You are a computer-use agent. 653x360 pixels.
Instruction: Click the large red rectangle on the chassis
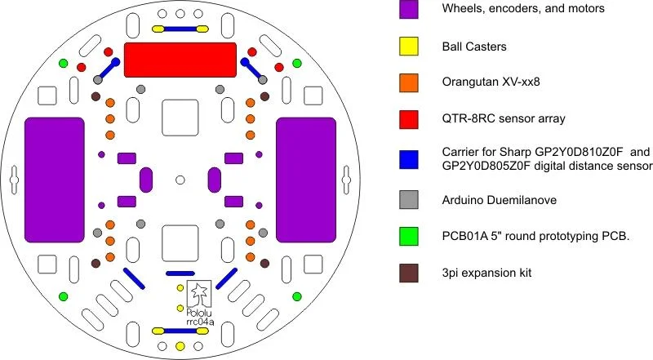coord(180,60)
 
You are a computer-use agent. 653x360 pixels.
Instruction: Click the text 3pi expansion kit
coord(487,273)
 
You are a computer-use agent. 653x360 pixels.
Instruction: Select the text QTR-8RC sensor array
coord(504,119)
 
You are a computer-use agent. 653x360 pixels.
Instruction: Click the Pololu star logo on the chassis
coord(198,291)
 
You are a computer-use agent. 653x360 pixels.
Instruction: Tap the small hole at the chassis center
coord(180,179)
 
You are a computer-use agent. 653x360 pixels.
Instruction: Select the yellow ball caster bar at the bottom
coord(180,331)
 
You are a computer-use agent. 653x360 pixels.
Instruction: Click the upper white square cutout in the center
coord(180,118)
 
